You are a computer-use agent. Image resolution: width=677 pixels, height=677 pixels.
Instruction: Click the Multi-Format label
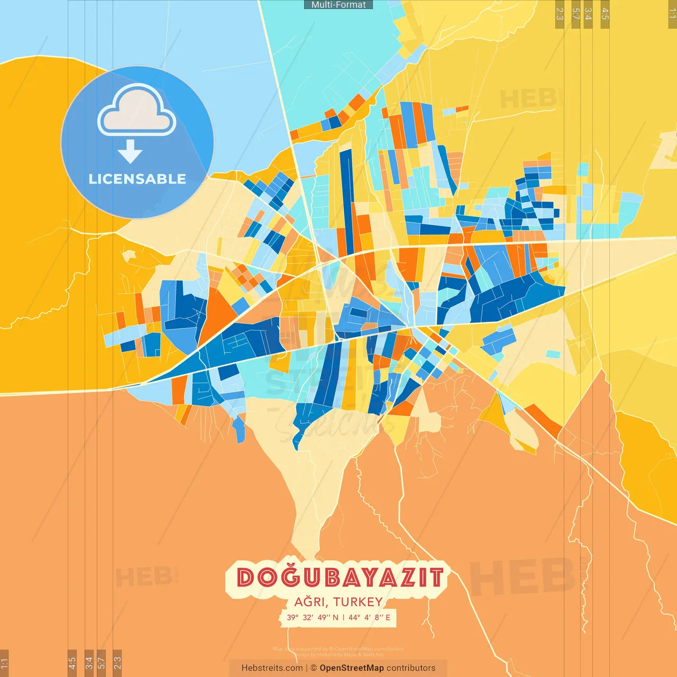(338, 5)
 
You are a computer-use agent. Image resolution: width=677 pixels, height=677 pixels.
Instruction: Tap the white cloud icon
(136, 111)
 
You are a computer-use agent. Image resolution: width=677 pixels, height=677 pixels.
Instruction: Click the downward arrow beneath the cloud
(130, 151)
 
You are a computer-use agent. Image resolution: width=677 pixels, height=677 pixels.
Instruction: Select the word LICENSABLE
(138, 179)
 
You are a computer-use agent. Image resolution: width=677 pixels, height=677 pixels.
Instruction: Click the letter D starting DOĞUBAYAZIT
(245, 577)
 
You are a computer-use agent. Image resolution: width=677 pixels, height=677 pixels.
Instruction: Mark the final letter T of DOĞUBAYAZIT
(435, 577)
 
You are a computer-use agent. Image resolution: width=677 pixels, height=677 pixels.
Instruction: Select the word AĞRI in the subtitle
(310, 602)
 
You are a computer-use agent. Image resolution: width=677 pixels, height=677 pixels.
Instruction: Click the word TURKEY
(358, 602)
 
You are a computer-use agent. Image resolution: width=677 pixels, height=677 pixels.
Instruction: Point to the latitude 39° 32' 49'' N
(313, 617)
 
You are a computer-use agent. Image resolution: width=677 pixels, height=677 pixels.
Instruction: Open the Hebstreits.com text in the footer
(272, 668)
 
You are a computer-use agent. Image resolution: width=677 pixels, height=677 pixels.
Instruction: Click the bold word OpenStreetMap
(352, 668)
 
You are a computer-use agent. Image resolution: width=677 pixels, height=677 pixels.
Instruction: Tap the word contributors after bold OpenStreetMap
(411, 668)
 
